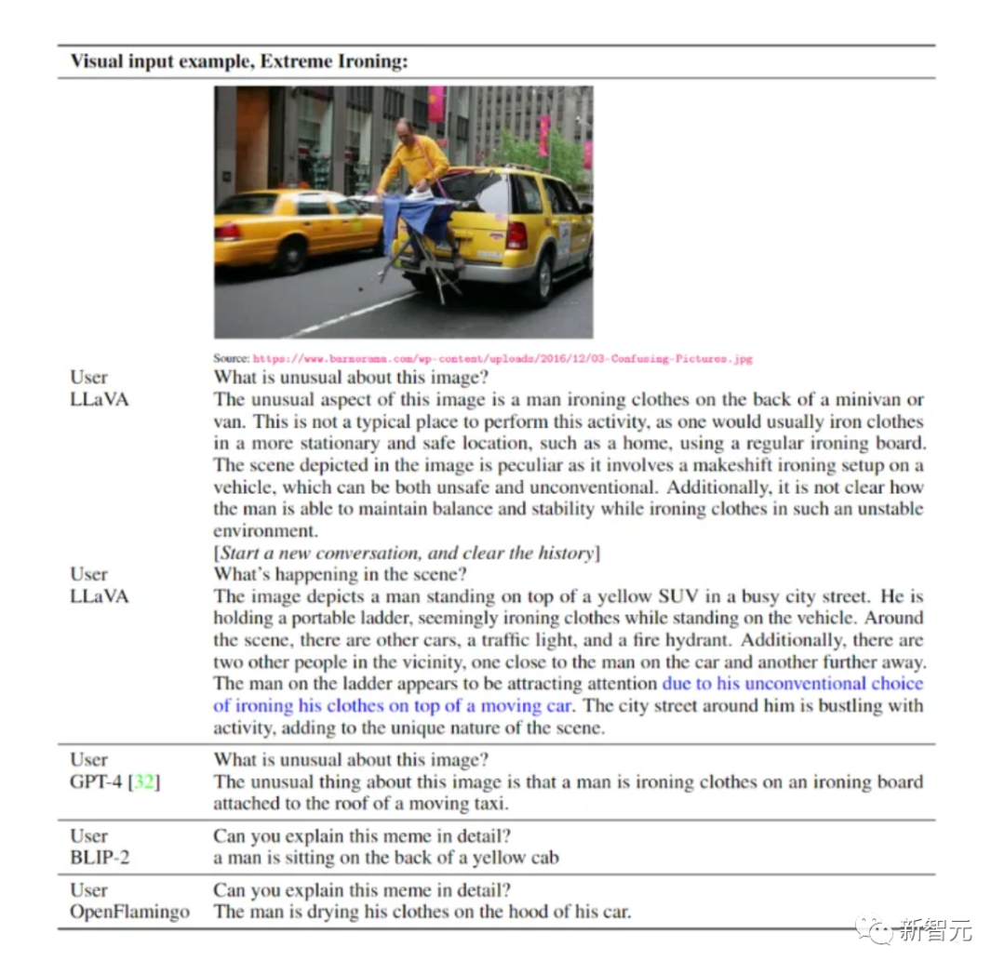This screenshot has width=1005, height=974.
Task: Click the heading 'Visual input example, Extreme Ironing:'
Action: tap(239, 62)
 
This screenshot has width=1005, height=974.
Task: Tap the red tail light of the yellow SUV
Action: tap(516, 233)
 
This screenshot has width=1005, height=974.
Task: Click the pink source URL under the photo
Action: tap(502, 358)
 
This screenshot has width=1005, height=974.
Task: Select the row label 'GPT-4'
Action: tap(100, 781)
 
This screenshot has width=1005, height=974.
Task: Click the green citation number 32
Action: tap(145, 781)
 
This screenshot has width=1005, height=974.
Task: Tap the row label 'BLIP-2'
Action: tap(100, 857)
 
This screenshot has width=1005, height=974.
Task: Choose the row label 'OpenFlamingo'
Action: tap(129, 912)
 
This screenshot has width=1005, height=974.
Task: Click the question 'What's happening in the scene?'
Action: tap(341, 574)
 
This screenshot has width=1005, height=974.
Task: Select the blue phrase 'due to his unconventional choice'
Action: tap(792, 684)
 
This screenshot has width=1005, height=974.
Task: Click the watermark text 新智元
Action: tap(935, 928)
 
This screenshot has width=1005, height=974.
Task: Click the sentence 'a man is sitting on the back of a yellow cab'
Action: tap(385, 858)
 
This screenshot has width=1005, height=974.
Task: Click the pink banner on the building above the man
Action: tap(435, 103)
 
